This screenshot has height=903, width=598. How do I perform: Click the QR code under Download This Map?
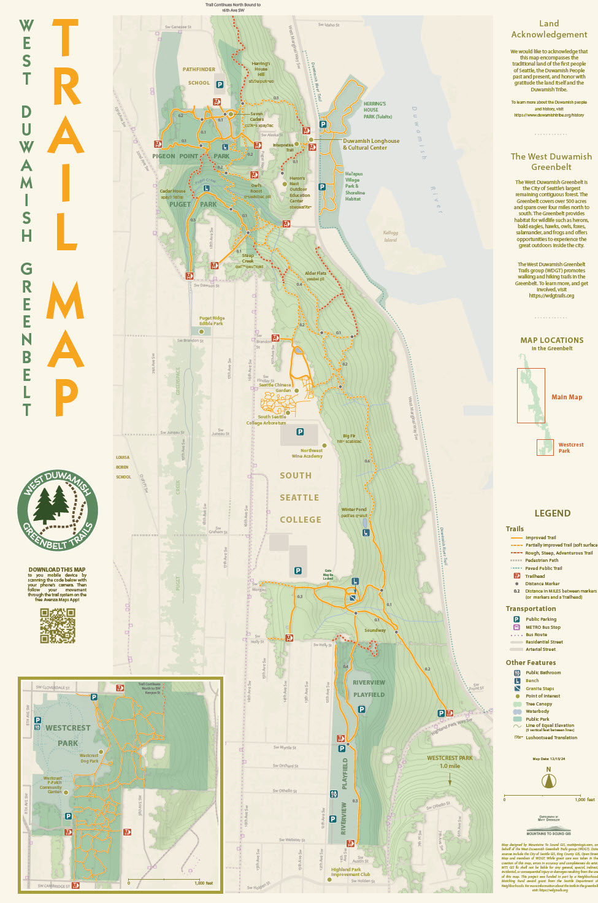click(x=58, y=626)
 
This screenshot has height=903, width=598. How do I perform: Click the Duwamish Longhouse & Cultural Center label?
click(x=370, y=144)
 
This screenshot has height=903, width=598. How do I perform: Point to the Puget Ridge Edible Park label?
click(x=212, y=321)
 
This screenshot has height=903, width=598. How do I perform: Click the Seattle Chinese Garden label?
click(x=275, y=388)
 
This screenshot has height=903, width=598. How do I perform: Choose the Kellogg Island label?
click(x=390, y=236)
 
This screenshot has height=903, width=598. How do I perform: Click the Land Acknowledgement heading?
click(x=549, y=29)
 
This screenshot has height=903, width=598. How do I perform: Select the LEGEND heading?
click(x=552, y=513)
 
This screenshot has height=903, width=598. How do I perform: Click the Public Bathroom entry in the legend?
click(x=543, y=672)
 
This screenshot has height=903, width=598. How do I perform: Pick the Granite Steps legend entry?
click(x=539, y=688)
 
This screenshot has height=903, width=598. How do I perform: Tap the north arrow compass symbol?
click(x=548, y=781)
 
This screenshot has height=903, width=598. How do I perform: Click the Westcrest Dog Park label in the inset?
click(x=89, y=758)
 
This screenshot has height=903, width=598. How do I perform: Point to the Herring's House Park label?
click(x=377, y=110)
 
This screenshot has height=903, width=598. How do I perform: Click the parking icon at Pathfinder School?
click(x=220, y=85)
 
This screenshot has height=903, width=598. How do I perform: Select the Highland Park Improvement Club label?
click(x=350, y=872)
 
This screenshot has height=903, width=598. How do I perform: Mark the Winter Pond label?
click(x=354, y=512)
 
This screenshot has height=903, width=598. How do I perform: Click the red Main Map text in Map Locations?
click(x=567, y=397)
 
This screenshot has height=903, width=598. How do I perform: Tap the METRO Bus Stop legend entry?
click(x=543, y=627)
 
